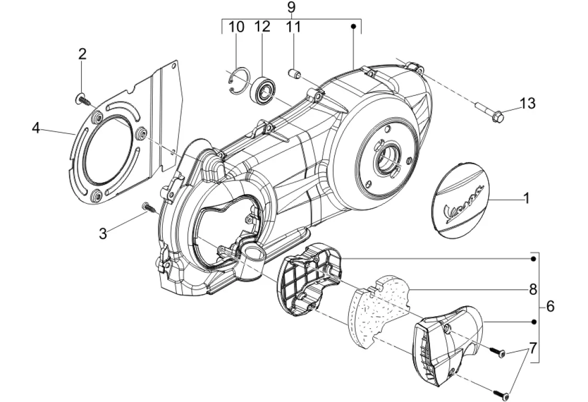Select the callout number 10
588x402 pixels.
pos(236,27)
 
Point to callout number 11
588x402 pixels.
pos(293,27)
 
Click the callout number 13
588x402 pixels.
pos(527,104)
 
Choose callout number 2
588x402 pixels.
pos(82,53)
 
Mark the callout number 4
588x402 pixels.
pos(36,127)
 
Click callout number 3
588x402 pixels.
pos(103,233)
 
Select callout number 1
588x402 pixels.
pos(527,198)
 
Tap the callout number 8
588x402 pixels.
pos(533,288)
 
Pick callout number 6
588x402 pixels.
pos(550,306)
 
